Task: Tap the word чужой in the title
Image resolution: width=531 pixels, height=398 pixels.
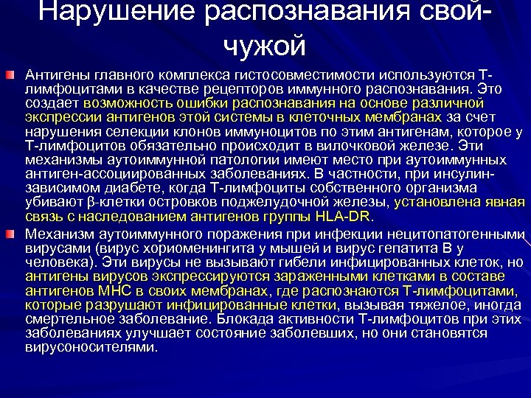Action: (264, 46)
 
